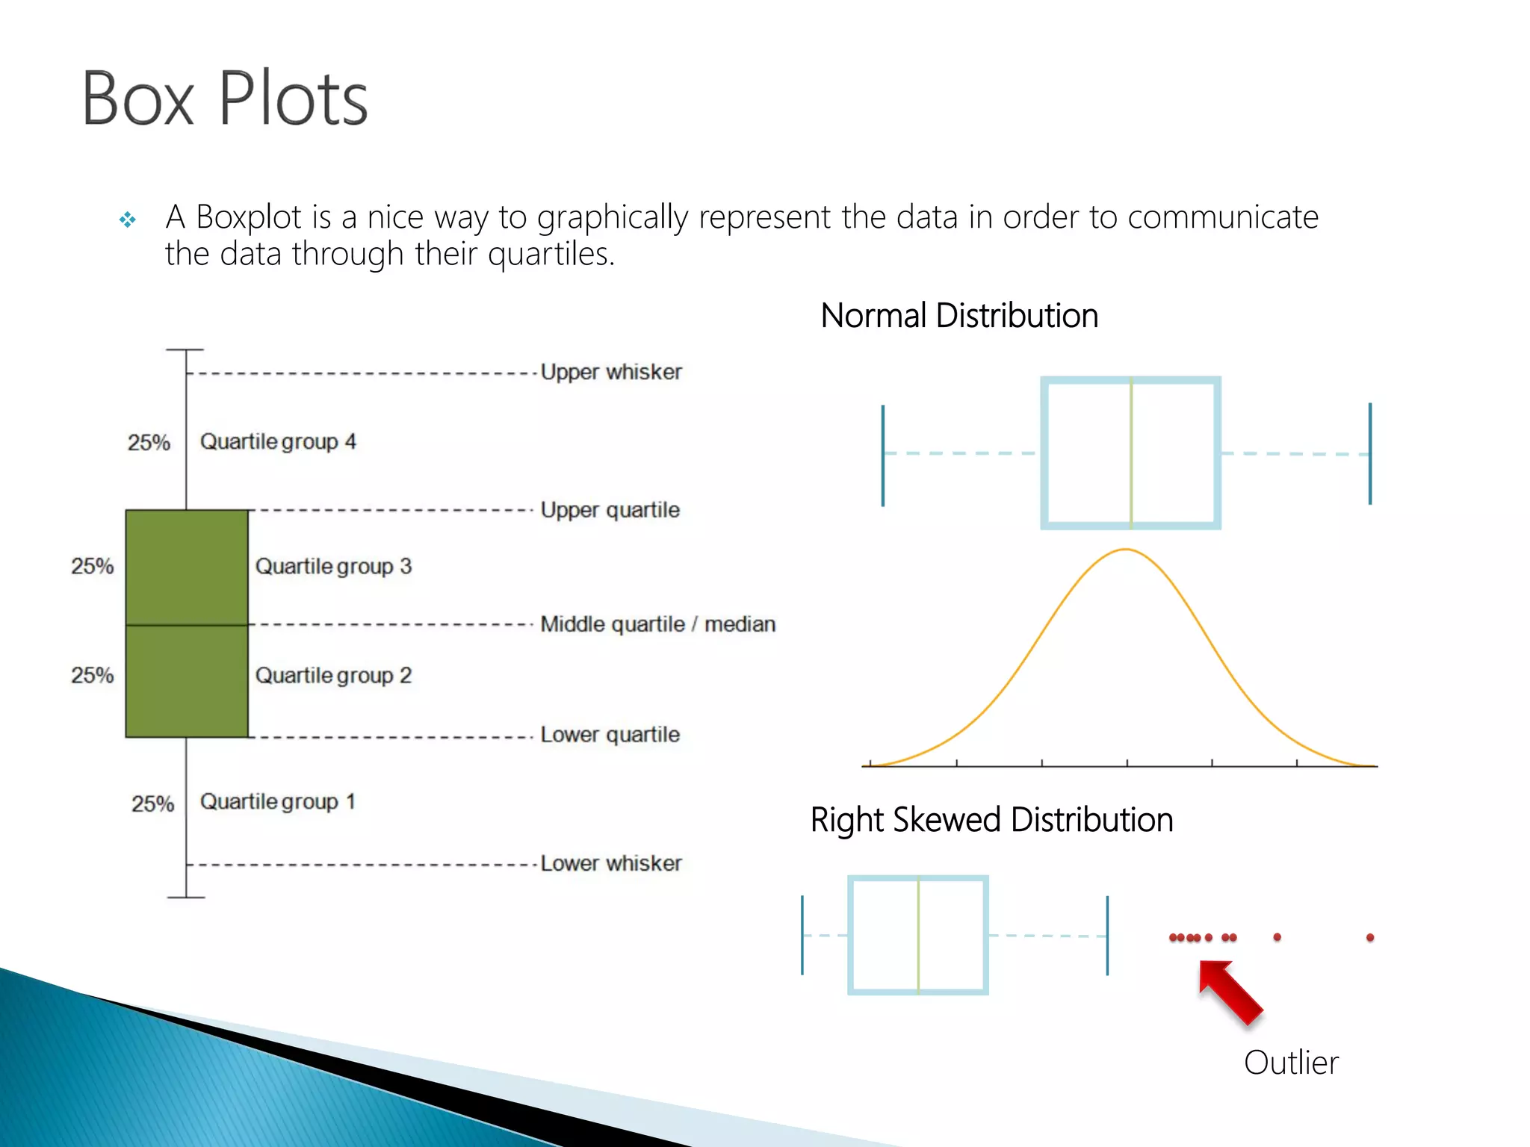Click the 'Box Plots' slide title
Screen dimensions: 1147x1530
(x=224, y=99)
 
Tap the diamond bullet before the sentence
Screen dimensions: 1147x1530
(x=128, y=220)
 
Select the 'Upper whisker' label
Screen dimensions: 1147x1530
(x=610, y=372)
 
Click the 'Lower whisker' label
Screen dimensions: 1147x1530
(x=610, y=863)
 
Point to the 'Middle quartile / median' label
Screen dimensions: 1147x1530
(x=657, y=624)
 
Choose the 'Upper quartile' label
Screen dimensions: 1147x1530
(x=610, y=510)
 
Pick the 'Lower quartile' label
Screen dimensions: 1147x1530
(x=610, y=734)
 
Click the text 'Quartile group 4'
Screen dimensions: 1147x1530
(x=278, y=441)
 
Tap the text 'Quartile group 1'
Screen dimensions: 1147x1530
(x=277, y=801)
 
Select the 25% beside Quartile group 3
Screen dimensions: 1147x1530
(x=93, y=566)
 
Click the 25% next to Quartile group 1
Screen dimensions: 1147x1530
(x=152, y=803)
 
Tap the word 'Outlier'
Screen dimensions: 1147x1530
(x=1291, y=1063)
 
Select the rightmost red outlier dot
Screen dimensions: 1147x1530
(x=1370, y=937)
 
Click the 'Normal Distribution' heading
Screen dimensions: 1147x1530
(x=959, y=315)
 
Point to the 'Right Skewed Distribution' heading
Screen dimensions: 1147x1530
(x=991, y=820)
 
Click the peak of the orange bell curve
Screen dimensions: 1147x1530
(x=1126, y=550)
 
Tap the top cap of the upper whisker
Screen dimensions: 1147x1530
(x=185, y=349)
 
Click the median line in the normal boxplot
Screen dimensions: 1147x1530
(x=1131, y=453)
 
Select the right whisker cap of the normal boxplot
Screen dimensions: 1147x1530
(x=1370, y=453)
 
